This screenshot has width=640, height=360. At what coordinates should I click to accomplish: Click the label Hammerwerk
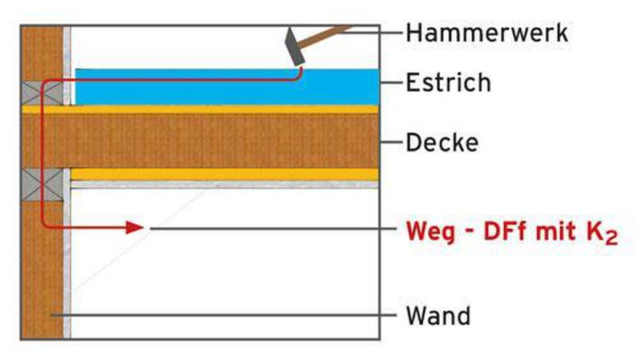click(x=486, y=33)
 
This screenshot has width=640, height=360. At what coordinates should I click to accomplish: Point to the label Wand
click(x=438, y=315)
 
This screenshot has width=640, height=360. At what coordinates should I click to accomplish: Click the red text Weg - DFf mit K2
click(x=512, y=231)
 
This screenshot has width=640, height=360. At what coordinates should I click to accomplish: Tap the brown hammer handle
click(x=328, y=36)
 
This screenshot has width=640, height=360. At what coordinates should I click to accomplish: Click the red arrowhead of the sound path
click(x=135, y=228)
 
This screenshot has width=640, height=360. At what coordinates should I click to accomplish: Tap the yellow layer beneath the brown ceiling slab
click(x=224, y=174)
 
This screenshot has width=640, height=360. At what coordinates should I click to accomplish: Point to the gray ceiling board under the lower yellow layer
click(x=224, y=184)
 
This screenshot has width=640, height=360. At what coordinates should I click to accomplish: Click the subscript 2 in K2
click(x=610, y=237)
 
